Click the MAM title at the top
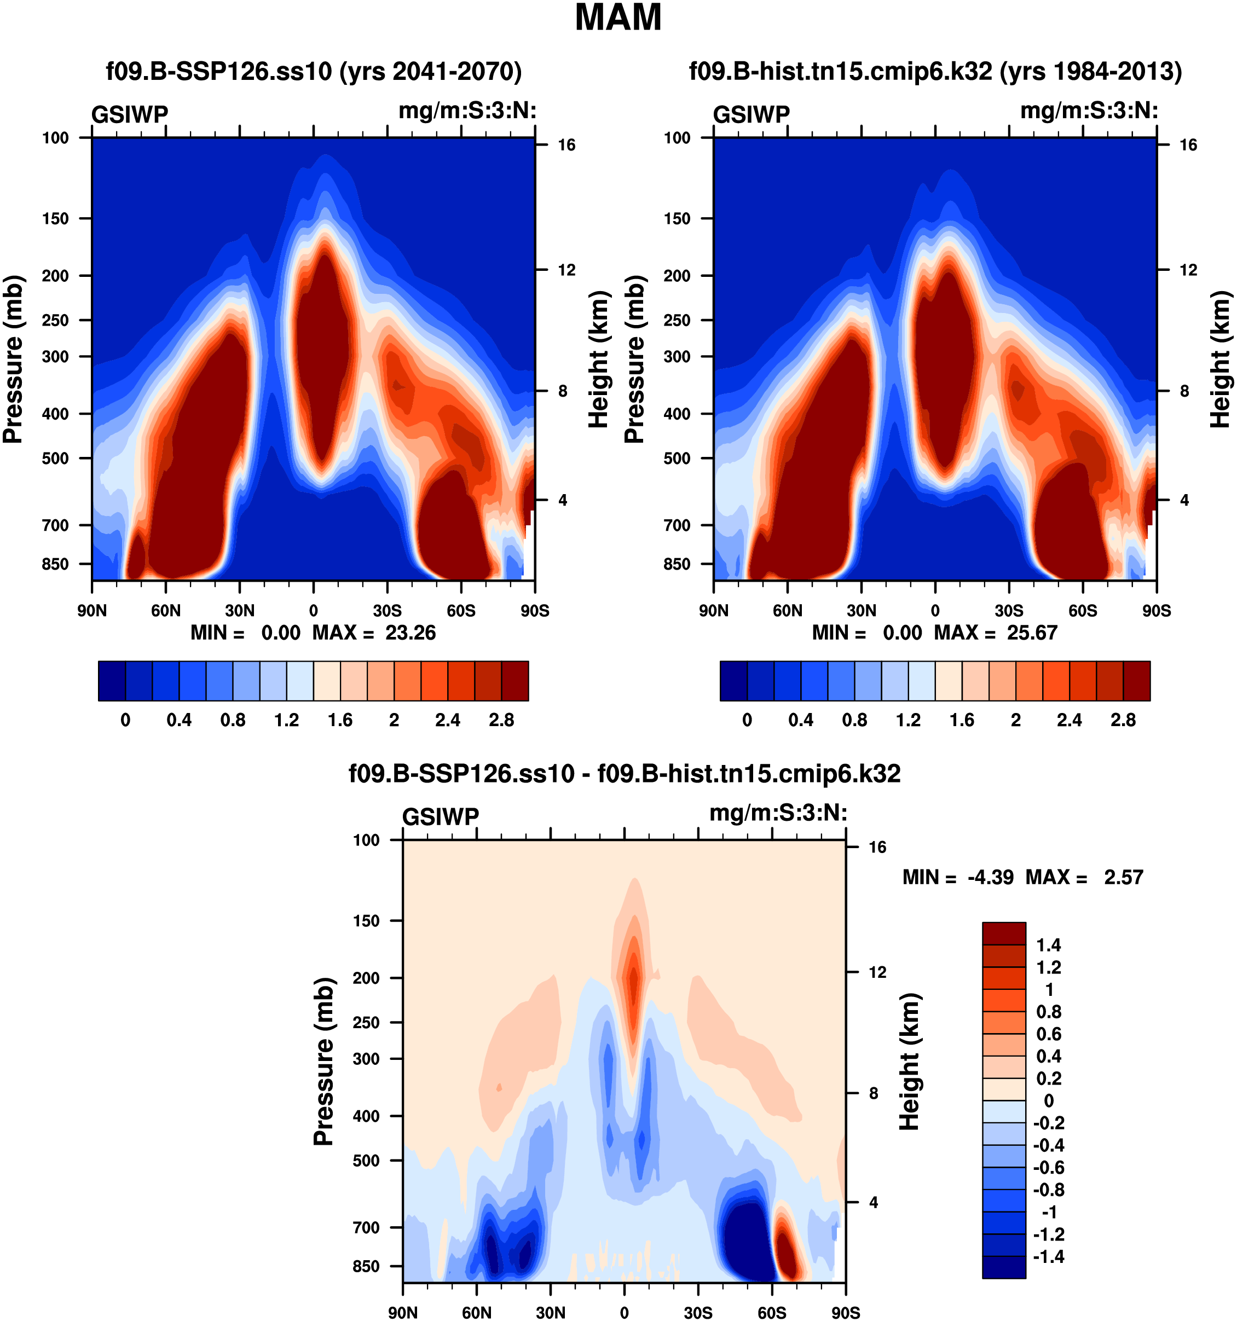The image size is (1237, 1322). tap(618, 18)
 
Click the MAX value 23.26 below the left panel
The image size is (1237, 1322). tap(411, 633)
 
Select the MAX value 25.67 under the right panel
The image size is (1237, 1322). tap(1032, 633)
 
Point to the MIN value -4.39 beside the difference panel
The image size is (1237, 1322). tap(990, 877)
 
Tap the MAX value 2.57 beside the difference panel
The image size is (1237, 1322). tap(1123, 877)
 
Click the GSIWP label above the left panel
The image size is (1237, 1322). tap(130, 115)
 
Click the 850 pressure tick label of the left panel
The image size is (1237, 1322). tap(55, 564)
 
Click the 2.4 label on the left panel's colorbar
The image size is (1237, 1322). tap(448, 720)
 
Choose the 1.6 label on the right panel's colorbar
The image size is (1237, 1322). tap(962, 720)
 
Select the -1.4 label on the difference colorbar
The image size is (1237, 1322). tap(1049, 1256)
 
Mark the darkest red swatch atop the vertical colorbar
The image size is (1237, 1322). tap(1004, 933)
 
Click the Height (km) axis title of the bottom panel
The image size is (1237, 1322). tap(909, 1062)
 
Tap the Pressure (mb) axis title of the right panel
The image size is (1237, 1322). tap(634, 359)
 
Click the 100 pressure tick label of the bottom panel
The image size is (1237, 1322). tap(366, 840)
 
